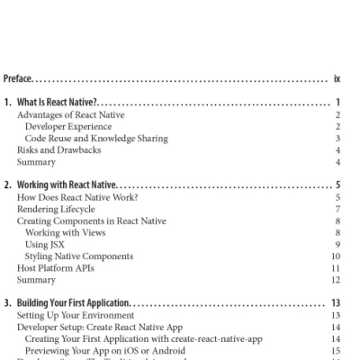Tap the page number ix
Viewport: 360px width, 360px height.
[x=336, y=77]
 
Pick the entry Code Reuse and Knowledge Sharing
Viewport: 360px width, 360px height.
[x=96, y=139]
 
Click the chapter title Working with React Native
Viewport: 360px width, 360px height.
[x=68, y=185]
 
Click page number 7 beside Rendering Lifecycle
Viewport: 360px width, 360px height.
[x=337, y=209]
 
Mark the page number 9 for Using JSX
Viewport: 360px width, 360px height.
[x=337, y=244]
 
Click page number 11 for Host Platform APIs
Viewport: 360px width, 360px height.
[x=335, y=267]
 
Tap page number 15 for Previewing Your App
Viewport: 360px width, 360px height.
[x=334, y=350]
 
